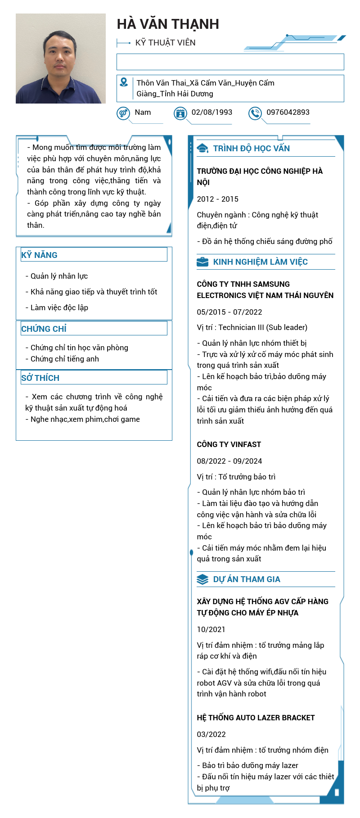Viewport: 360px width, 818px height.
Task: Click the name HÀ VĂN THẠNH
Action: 168,24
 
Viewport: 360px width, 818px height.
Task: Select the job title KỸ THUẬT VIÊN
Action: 165,43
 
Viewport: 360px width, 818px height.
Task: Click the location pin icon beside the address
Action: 124,82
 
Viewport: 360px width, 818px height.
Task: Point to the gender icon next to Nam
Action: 123,113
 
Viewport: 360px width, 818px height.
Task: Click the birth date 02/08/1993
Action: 212,112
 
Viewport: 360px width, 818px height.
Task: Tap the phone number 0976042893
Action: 288,112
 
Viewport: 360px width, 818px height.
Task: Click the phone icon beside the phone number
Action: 255,113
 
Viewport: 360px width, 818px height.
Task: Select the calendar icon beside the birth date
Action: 180,113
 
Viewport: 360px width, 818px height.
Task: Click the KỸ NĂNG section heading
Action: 40,255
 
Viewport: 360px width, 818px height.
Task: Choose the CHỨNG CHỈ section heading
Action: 44,329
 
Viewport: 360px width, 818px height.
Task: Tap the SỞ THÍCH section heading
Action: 40,378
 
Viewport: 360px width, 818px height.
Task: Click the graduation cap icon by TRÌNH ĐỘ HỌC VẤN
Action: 202,149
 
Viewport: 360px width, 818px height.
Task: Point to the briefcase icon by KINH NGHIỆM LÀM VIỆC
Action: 202,262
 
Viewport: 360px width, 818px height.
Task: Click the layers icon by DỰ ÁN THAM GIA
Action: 202,579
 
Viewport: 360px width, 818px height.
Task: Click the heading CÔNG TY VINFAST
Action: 229,444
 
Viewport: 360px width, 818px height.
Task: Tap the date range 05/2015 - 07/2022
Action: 229,312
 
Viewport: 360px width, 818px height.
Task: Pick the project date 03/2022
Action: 211,734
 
